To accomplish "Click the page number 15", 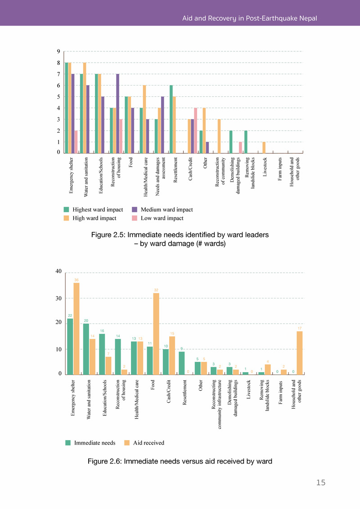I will pyautogui.click(x=320, y=483).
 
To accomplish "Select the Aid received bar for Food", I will pyautogui.click(x=156, y=333).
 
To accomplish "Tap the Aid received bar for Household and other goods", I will pyautogui.click(x=300, y=353).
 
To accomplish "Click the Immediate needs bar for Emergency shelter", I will pyautogui.click(x=70, y=347).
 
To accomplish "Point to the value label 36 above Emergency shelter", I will pyautogui.click(x=76, y=280).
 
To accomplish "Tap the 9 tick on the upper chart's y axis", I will pyautogui.click(x=58, y=52).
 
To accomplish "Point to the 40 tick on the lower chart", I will pyautogui.click(x=58, y=271).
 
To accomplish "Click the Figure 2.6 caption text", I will pyautogui.click(x=180, y=461).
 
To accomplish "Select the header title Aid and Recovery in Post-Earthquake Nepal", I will pyautogui.click(x=249, y=18).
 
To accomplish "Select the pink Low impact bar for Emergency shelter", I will pyautogui.click(x=76, y=142).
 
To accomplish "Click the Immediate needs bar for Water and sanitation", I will pyautogui.click(x=86, y=349).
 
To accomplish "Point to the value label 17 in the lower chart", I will pyautogui.click(x=300, y=329).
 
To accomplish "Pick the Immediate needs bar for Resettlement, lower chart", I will pyautogui.click(x=181, y=363).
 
